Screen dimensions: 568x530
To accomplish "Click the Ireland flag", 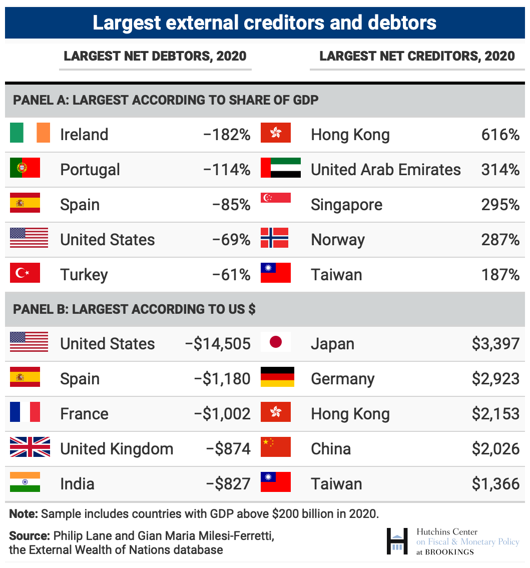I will (30, 133).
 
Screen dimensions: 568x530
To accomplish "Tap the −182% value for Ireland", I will (227, 135).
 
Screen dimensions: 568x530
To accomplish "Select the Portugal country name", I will (90, 170).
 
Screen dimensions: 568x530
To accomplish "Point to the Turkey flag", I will (25, 273).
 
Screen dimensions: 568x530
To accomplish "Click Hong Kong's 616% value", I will (500, 135).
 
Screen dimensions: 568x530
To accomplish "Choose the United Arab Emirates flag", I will (280, 168).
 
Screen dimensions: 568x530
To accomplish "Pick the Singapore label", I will (346, 205).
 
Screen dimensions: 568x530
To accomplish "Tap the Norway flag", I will (274, 238).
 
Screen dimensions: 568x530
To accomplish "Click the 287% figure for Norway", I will (500, 240).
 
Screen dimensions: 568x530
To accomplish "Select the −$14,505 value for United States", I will (218, 344).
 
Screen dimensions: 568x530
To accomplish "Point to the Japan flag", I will (275, 342).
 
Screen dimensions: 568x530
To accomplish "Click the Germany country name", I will (342, 379).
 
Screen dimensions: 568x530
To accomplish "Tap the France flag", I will (25, 412).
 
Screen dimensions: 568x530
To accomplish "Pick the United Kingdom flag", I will (30, 447).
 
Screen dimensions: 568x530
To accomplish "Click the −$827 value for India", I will (228, 484).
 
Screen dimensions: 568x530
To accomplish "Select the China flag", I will (275, 447).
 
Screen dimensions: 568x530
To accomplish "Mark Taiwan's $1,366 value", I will (495, 484).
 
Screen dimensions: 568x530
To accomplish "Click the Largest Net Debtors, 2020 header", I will (155, 56).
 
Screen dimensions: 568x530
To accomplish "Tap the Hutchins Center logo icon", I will (397, 541).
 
